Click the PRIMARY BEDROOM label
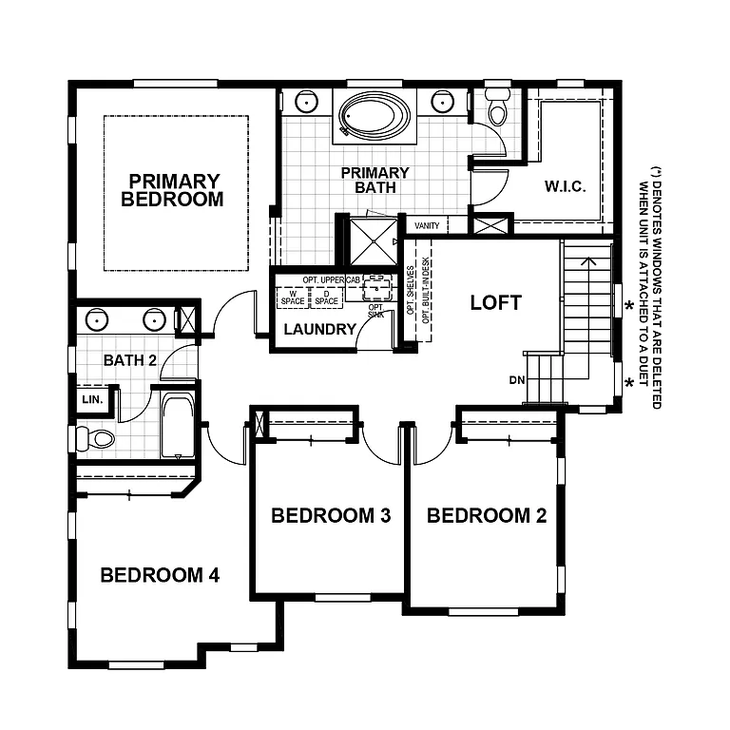point(173,190)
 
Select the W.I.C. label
point(564,186)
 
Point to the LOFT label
point(496,303)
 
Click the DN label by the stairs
point(517,380)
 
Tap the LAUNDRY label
point(319,330)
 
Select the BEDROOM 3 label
point(331,516)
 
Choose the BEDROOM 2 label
point(487,516)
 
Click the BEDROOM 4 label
point(160,575)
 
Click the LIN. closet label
point(91,399)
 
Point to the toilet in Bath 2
point(95,438)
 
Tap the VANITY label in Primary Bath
point(428,226)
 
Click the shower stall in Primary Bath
point(373,241)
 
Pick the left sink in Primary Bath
point(306,102)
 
